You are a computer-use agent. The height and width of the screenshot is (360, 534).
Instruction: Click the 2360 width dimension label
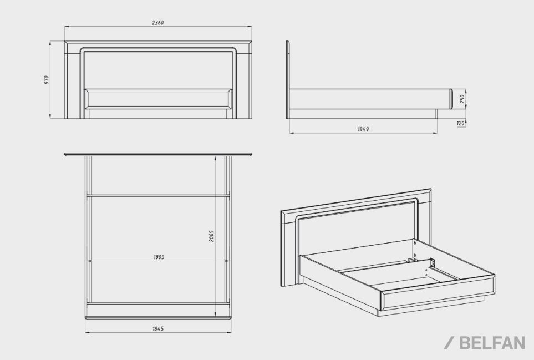click(157, 23)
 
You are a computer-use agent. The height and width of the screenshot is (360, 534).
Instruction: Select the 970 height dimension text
click(47, 79)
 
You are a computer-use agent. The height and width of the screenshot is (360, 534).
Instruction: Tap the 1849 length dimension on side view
click(363, 129)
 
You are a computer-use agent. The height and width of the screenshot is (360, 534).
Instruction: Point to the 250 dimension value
click(462, 98)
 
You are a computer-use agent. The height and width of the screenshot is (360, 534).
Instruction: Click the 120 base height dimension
click(460, 123)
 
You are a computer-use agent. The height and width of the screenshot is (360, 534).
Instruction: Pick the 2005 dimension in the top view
click(212, 235)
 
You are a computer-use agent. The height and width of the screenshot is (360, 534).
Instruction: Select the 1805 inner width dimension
click(159, 257)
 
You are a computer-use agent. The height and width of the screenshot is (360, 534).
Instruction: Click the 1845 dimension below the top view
click(157, 328)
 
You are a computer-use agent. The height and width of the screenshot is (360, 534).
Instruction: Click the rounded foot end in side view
click(451, 98)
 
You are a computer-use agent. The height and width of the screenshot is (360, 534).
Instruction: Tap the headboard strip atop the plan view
click(157, 154)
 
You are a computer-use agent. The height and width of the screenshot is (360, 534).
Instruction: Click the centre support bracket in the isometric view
click(433, 262)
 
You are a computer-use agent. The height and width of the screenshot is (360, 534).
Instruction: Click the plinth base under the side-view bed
click(363, 114)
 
